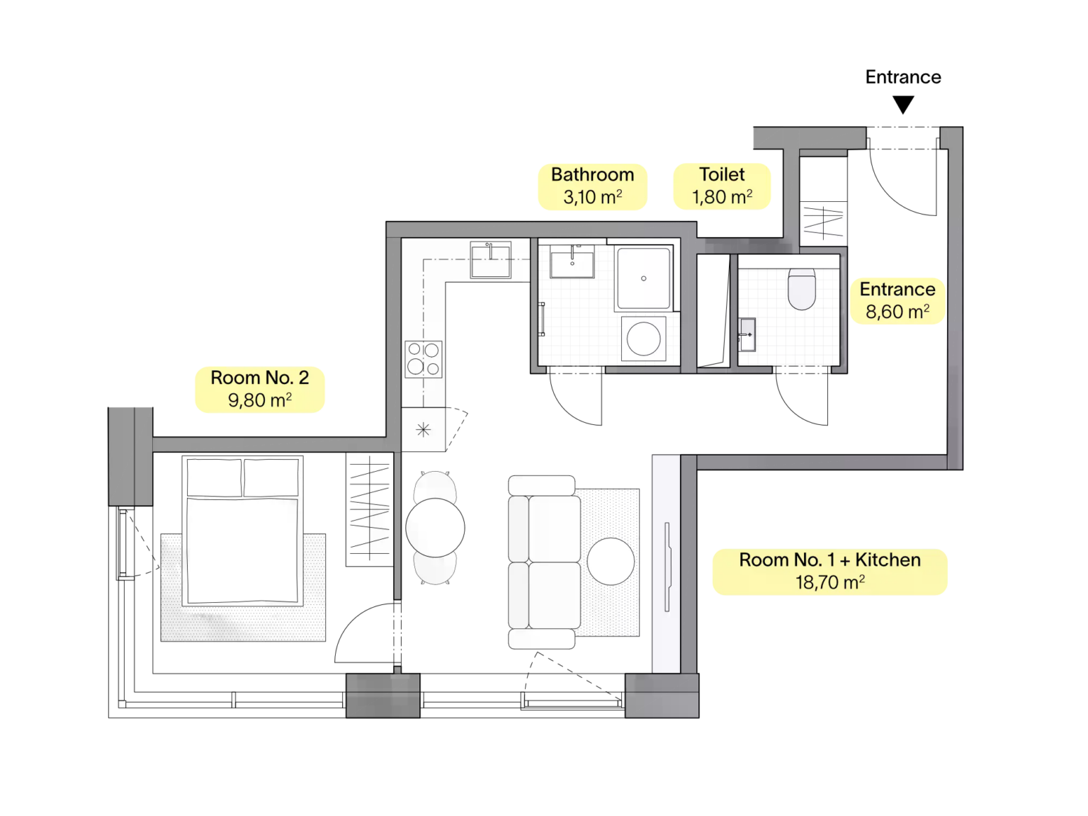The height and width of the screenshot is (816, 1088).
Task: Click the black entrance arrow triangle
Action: point(902,104)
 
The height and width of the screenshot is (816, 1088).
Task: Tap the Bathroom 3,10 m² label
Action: point(592,186)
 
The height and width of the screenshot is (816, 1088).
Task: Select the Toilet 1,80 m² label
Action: point(722,186)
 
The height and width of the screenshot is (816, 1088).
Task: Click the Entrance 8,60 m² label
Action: point(897,301)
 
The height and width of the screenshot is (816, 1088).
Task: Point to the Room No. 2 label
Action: point(260,390)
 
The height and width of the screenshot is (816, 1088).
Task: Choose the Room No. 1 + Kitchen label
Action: point(829,571)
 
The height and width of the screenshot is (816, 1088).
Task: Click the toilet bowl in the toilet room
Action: point(801,289)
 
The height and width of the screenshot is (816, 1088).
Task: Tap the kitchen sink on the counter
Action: point(490,260)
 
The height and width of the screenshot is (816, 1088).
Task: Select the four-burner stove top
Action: point(424,358)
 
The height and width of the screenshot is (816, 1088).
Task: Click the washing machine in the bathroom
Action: point(643,339)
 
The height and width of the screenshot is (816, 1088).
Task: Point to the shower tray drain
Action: point(643,278)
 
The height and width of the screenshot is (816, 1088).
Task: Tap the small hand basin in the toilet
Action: point(747,334)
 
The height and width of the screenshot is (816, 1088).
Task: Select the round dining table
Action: point(435,528)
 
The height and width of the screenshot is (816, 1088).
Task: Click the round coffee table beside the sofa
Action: point(611,561)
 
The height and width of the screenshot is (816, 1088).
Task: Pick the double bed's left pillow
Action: point(214,477)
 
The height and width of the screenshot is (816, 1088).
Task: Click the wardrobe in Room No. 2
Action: point(370,509)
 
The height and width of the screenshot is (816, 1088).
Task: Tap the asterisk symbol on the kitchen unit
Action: point(424,429)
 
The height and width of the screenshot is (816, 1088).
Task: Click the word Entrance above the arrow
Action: point(902,76)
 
